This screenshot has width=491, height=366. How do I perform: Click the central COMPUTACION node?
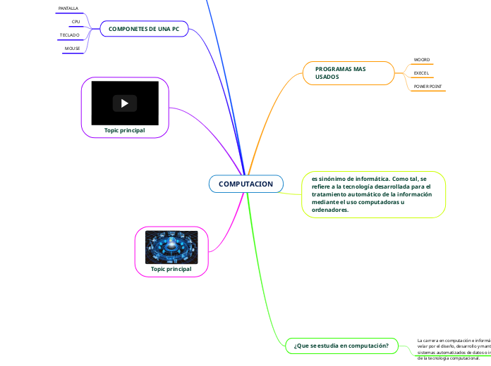coord(245,184)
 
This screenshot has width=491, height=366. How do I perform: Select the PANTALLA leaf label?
coord(68,8)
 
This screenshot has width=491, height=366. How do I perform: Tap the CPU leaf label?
coord(76,22)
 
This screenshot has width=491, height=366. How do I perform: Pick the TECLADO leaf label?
coord(70,34)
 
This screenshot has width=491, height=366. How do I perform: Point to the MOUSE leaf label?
coord(72,48)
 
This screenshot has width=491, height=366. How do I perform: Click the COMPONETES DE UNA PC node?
coord(144,28)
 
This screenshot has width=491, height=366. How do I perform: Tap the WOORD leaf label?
coord(422,60)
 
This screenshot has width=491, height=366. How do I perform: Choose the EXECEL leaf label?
coord(421,72)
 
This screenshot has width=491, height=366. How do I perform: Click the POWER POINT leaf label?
coord(428,86)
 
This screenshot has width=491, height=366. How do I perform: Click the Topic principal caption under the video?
coord(125,130)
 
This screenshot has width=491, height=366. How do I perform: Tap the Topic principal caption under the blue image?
coord(171,269)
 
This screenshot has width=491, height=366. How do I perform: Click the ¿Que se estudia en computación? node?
coord(341,346)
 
